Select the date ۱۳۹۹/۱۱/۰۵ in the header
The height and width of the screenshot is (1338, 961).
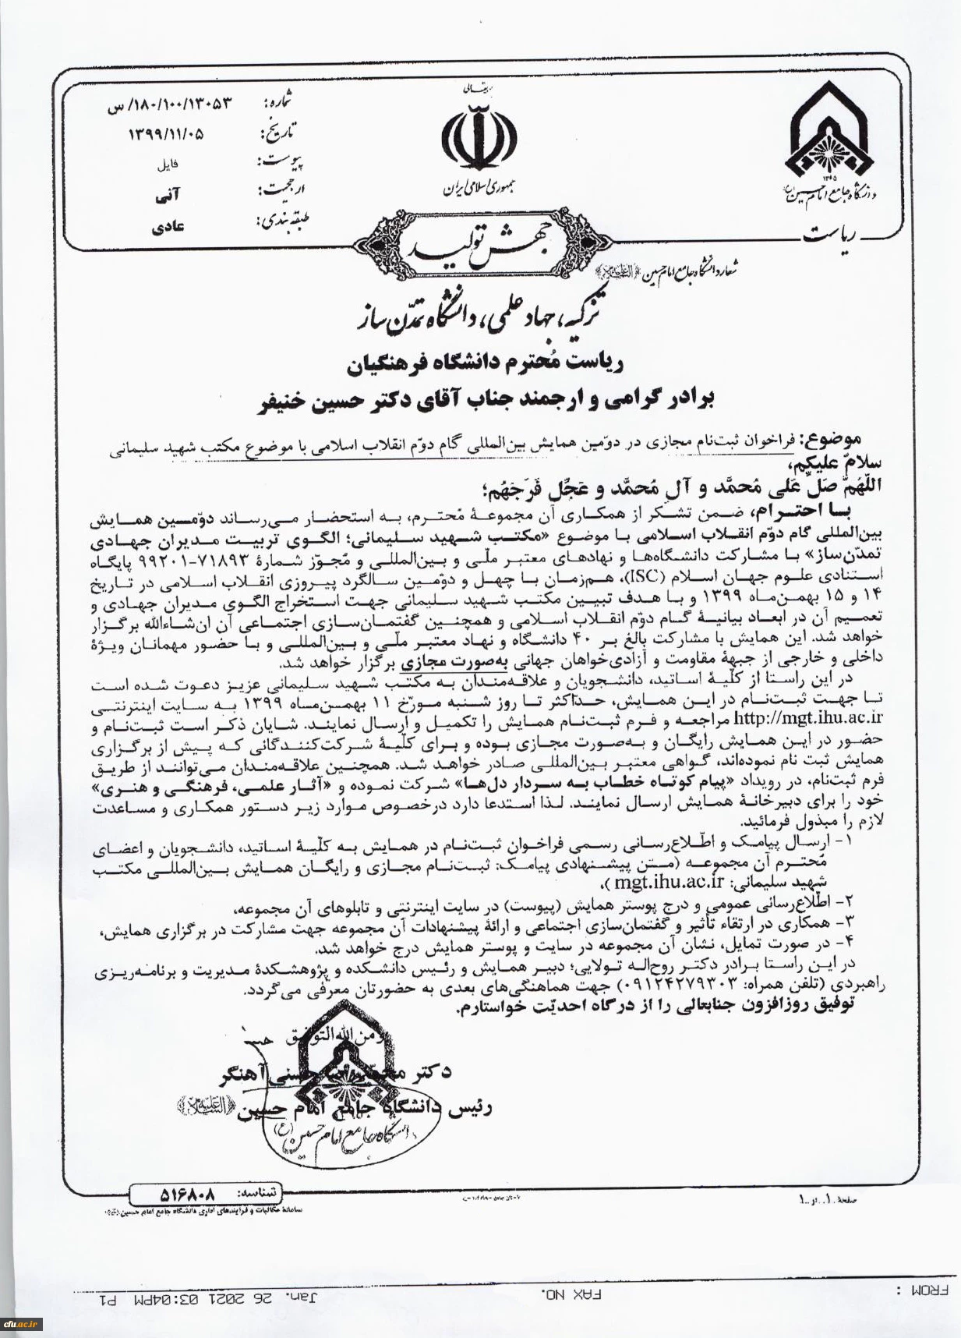[x=166, y=133]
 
